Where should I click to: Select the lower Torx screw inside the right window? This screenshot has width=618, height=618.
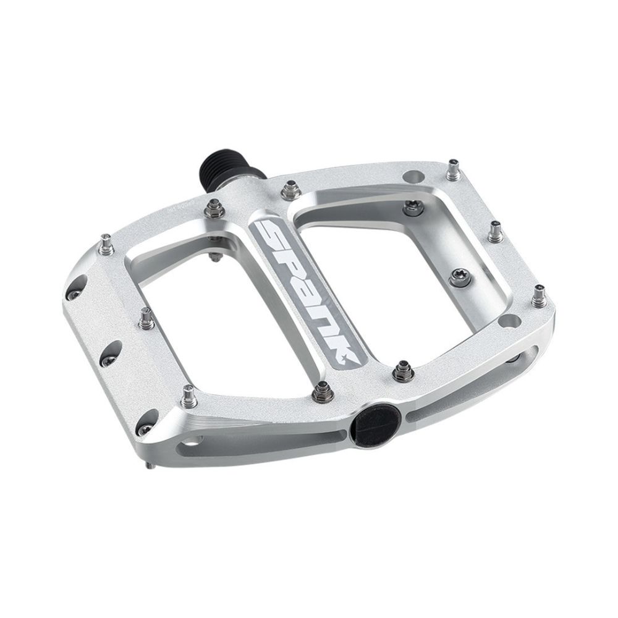coord(459,278)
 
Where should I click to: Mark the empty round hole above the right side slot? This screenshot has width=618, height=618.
coord(508,321)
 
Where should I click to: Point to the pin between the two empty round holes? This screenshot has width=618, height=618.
coord(494,231)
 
